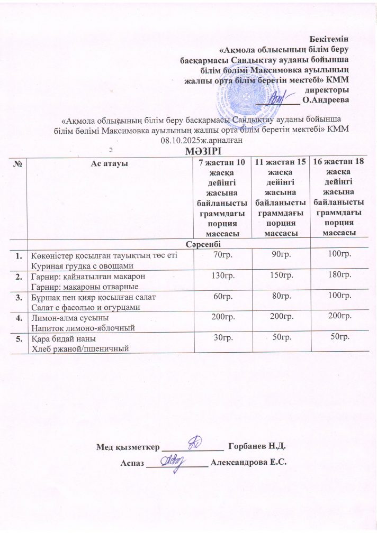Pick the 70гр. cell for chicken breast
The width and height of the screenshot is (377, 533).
click(221, 255)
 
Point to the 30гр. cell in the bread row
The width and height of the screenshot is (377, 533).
click(221, 337)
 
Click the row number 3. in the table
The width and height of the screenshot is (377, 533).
click(19, 297)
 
